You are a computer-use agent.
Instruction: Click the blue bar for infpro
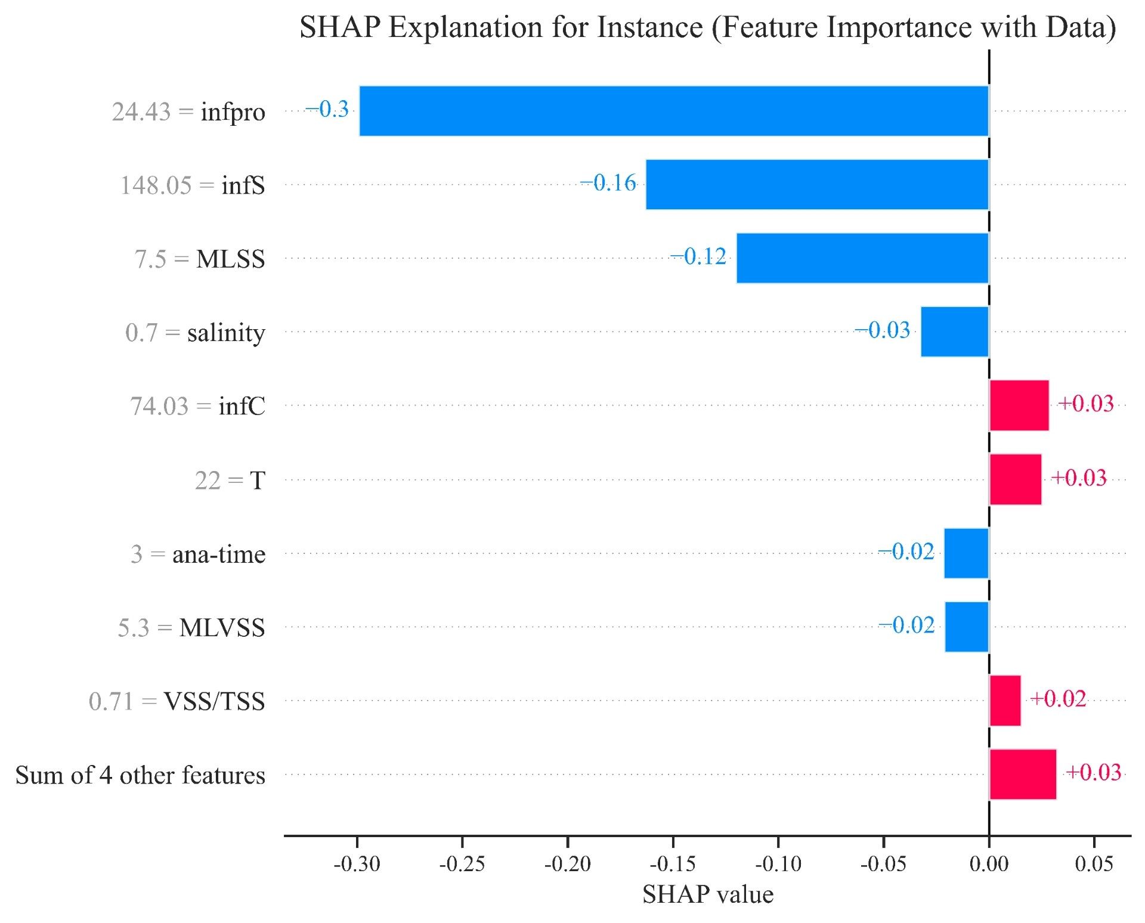tap(674, 111)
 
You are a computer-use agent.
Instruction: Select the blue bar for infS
tap(817, 184)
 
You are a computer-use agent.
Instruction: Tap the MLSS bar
tap(862, 258)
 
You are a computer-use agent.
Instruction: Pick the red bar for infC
tap(1019, 405)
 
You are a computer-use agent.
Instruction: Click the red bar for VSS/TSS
tap(1005, 701)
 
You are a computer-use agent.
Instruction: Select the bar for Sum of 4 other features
tap(1022, 775)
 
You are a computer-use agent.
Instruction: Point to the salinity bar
tap(954, 332)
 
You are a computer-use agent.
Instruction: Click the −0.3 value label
tap(327, 109)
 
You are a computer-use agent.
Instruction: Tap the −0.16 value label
tap(608, 183)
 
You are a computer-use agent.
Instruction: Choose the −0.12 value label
tap(698, 256)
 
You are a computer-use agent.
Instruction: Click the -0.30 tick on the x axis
tap(357, 864)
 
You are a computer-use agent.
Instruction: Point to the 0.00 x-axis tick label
tap(989, 864)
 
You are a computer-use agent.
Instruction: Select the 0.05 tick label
tap(1094, 864)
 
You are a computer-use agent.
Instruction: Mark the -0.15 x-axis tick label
tap(673, 864)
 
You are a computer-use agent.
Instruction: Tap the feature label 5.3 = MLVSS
tap(191, 628)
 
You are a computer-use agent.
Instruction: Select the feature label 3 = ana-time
tap(198, 555)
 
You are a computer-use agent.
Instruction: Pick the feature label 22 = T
tap(230, 481)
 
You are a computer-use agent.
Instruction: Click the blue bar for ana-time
tap(966, 553)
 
